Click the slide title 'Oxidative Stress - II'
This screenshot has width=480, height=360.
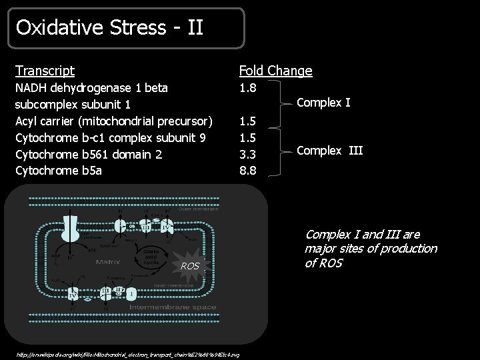110,28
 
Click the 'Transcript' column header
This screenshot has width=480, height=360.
45,71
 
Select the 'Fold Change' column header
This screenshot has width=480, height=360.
275,71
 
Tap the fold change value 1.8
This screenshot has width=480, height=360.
248,87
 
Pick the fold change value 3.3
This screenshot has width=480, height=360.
248,154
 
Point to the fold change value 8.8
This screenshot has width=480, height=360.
248,171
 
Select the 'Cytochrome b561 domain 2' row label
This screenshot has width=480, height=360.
89,154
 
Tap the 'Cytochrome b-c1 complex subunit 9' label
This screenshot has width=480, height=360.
111,138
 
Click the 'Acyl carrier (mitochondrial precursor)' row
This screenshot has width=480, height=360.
114,121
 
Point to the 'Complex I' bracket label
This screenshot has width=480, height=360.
323,103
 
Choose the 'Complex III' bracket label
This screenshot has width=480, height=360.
329,151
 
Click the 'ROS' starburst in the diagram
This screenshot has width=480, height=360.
190,267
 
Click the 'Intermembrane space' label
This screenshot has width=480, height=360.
163,307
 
